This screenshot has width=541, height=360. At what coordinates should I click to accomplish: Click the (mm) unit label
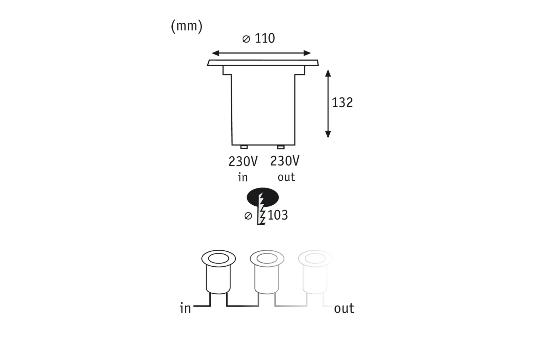pyautogui.click(x=186, y=26)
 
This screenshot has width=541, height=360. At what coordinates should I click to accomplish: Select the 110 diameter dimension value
pyautogui.click(x=265, y=38)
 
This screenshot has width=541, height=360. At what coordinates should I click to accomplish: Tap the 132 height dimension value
pyautogui.click(x=342, y=103)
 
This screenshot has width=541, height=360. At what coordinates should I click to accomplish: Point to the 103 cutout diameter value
pyautogui.click(x=278, y=215)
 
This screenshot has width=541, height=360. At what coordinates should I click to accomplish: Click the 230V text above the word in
pyautogui.click(x=243, y=161)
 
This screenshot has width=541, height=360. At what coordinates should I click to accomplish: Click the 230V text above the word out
pyautogui.click(x=285, y=161)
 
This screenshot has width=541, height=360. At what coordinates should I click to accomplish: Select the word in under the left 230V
pyautogui.click(x=243, y=177)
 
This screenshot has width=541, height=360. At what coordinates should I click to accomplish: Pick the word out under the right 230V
pyautogui.click(x=286, y=177)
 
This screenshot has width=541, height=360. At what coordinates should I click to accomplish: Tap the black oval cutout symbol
pyautogui.click(x=263, y=197)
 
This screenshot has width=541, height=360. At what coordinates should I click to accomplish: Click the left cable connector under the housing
pyautogui.click(x=244, y=147)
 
